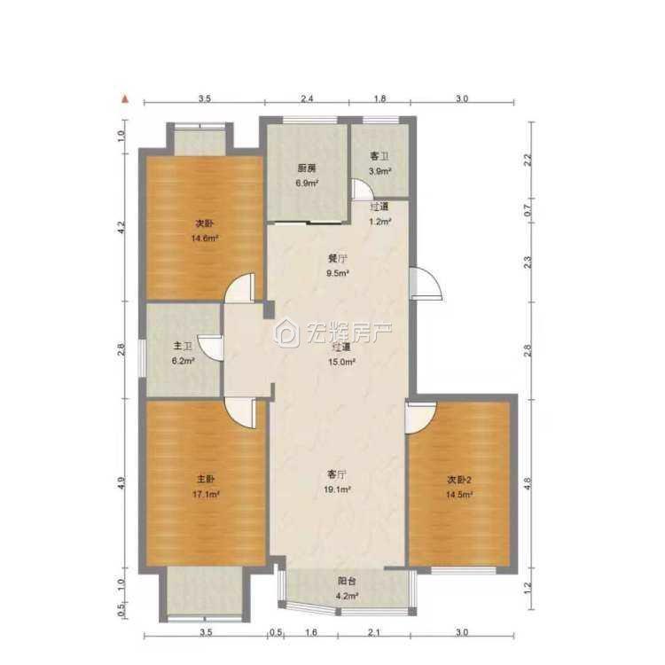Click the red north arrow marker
click(x=125, y=99)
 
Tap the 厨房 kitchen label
click(x=307, y=168)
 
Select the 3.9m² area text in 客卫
click(x=379, y=171)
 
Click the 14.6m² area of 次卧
click(x=205, y=238)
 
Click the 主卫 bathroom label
click(x=183, y=347)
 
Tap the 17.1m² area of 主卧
click(x=206, y=494)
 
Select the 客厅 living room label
click(x=337, y=473)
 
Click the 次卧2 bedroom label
click(x=459, y=480)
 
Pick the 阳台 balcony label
click(x=347, y=581)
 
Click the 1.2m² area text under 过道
click(x=379, y=221)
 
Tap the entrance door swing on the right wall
click(x=426, y=284)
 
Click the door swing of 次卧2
click(x=420, y=418)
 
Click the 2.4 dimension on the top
click(x=307, y=98)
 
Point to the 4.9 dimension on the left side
click(x=121, y=483)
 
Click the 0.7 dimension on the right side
click(x=528, y=210)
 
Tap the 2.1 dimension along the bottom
click(x=373, y=633)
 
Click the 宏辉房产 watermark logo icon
click(x=286, y=333)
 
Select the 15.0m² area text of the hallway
click(x=341, y=362)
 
